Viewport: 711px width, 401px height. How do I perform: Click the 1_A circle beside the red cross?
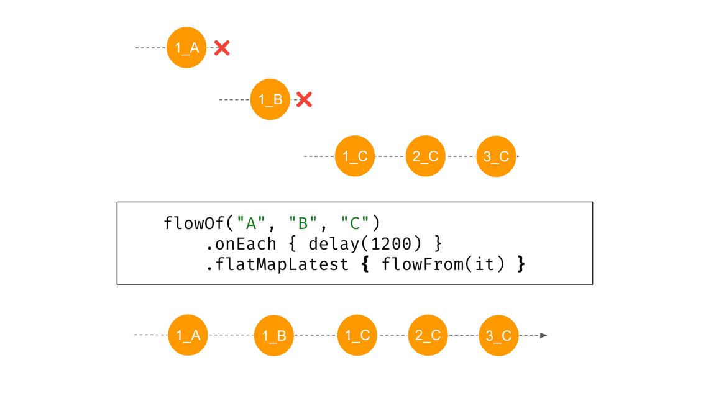click(186, 48)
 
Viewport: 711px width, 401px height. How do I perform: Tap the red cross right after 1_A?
click(222, 48)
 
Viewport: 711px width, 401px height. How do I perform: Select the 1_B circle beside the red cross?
click(270, 99)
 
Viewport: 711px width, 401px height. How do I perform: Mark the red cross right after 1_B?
click(305, 100)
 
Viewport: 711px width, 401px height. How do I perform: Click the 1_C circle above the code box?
click(355, 156)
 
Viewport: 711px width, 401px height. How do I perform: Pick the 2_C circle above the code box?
click(425, 156)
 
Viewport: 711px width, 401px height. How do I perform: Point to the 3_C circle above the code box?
click(496, 156)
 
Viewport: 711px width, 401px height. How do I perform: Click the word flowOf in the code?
click(194, 223)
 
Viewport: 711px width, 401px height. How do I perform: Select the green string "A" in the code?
click(250, 223)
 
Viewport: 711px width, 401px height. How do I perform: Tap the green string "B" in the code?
click(303, 223)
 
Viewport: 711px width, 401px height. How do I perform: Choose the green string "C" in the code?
click(355, 223)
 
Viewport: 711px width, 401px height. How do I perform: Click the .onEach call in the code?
click(241, 244)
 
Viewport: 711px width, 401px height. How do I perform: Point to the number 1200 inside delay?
click(391, 244)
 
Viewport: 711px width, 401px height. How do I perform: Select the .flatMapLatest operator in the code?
click(277, 264)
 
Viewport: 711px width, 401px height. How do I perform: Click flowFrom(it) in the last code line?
click(443, 264)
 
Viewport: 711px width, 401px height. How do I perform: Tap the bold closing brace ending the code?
click(521, 264)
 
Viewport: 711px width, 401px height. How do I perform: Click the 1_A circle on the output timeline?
click(188, 335)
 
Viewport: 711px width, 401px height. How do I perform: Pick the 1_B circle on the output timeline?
click(274, 335)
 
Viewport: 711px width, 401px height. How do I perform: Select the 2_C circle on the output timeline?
click(428, 335)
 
